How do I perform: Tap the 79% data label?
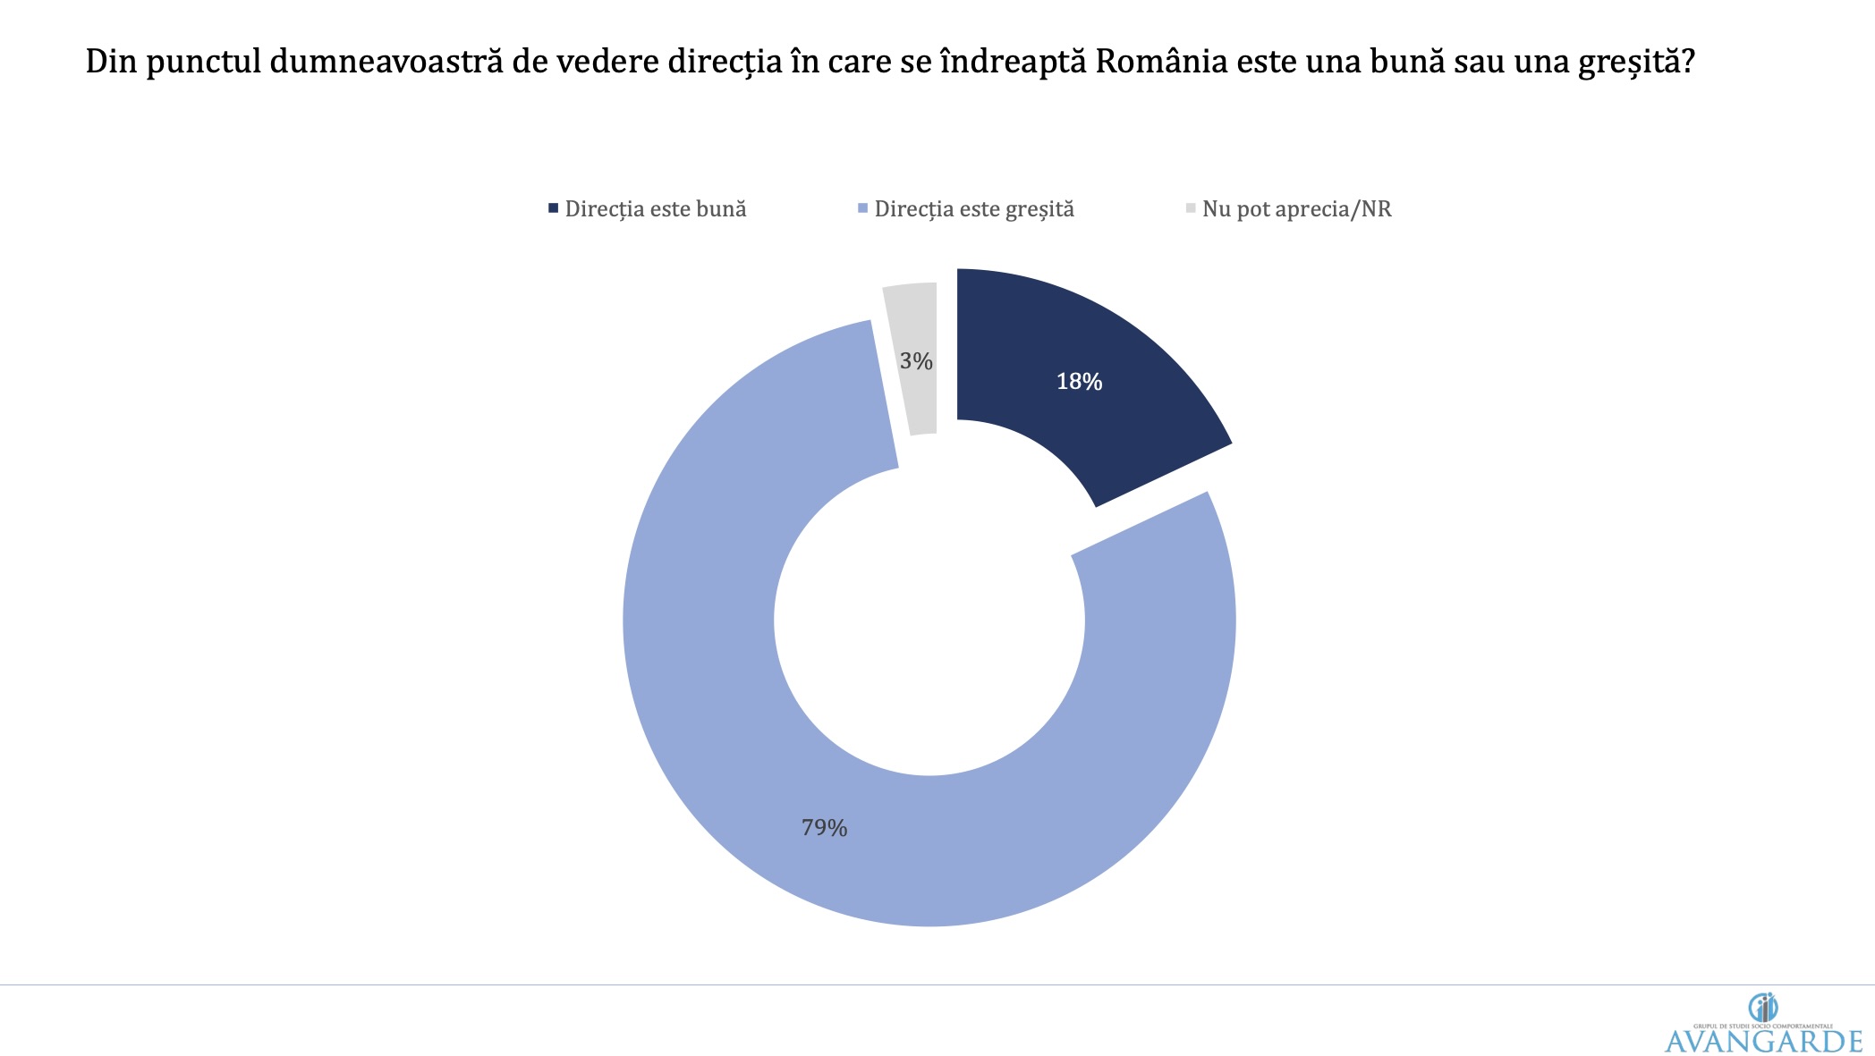point(824,828)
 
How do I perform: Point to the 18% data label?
point(1079,382)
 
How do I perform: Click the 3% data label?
point(916,361)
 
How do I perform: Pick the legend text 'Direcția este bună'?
point(656,209)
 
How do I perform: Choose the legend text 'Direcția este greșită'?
point(974,209)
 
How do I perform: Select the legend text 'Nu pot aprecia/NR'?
point(1296,209)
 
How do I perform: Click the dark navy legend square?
point(553,208)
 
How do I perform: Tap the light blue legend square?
point(862,208)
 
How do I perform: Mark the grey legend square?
point(1191,208)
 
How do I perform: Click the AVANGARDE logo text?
point(1763,1041)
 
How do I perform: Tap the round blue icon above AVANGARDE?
point(1763,1008)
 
